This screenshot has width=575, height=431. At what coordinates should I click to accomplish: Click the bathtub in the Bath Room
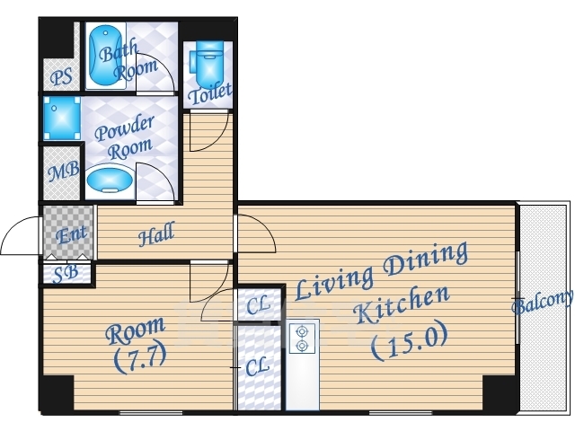coord(106,56)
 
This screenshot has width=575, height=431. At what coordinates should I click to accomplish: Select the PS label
coord(61,77)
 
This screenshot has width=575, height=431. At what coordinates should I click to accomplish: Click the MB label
coord(64,171)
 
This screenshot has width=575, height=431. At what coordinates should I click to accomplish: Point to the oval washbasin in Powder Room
coord(110,180)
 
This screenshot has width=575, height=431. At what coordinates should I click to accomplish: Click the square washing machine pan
coord(62,118)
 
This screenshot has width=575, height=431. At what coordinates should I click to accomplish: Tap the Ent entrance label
coord(72,234)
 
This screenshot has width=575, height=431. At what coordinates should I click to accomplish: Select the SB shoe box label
coord(66,274)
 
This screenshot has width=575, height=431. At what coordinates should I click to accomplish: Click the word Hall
coord(156,233)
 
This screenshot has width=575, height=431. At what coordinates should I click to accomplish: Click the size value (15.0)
coord(410,341)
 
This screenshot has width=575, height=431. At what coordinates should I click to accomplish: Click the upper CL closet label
coord(259,304)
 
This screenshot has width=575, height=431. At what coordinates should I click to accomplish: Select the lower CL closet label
coord(258,367)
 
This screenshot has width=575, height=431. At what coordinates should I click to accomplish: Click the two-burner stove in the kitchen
coord(302,339)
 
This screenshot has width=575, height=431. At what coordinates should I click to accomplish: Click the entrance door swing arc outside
coord(14,227)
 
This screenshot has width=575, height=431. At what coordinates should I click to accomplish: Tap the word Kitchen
coord(402,307)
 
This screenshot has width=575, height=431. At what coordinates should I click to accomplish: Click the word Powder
coord(124,128)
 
